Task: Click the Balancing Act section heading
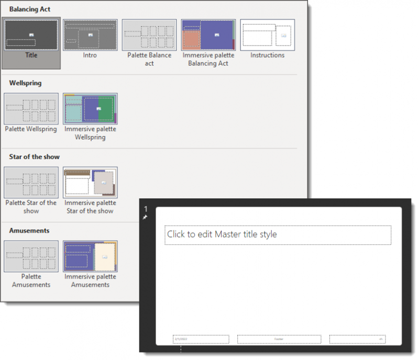30,9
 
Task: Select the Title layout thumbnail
31,35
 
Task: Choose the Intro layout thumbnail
90,35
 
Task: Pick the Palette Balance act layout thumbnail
149,35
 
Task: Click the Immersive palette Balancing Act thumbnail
208,35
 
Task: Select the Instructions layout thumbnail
267,35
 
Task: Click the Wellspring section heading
25,83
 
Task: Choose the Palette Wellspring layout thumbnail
31,109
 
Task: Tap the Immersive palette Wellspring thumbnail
90,109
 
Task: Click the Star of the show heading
35,157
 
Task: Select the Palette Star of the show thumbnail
31,183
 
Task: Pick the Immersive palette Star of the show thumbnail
90,183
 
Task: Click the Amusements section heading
29,230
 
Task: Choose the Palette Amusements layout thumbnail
31,256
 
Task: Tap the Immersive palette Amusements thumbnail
90,256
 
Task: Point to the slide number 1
146,209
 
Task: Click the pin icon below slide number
145,217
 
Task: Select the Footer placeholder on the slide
279,339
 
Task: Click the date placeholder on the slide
201,339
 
